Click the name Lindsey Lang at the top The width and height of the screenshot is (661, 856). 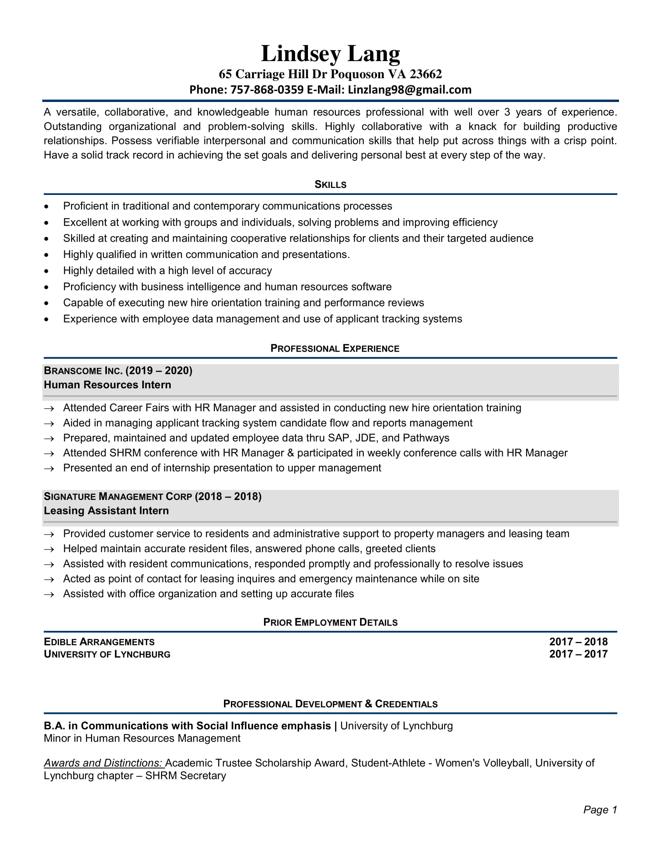coord(330,53)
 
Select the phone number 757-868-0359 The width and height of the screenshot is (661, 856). coord(267,90)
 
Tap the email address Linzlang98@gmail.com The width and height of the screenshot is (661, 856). coord(409,90)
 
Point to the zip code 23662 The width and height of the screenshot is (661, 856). coord(426,74)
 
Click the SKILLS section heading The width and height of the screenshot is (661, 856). coord(330,184)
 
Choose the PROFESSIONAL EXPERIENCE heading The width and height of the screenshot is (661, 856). coord(334,349)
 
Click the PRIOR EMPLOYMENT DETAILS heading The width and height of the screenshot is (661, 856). coord(330,623)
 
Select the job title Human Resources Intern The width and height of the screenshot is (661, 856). coord(107,385)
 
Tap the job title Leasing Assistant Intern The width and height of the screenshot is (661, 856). coord(106,511)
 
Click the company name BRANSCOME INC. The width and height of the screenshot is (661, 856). coord(83,371)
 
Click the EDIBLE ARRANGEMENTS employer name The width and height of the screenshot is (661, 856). coord(99,642)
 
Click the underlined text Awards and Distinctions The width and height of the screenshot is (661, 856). coord(103,763)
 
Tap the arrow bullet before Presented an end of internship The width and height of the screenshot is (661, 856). coord(49,469)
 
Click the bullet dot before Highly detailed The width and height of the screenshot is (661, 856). coord(47,271)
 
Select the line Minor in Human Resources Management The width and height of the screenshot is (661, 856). coord(142,738)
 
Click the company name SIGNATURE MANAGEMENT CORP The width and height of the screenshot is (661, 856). coord(117,496)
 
